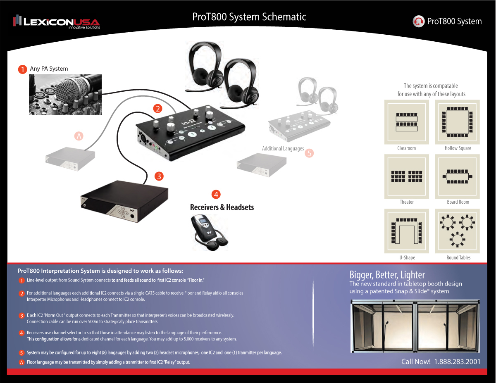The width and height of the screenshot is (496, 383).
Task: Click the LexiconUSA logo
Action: coord(57,21)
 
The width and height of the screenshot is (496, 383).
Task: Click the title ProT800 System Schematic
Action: coord(249,17)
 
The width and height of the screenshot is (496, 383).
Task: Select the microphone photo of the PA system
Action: coord(65,94)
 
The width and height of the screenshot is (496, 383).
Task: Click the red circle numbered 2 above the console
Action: coord(157,109)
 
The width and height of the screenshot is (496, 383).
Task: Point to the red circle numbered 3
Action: coord(159,176)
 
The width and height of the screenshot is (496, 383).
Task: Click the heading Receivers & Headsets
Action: coord(222,207)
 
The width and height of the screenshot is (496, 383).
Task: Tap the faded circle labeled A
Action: coord(79,135)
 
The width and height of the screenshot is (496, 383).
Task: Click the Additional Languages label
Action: coord(283,149)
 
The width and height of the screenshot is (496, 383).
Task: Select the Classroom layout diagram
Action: coord(407,122)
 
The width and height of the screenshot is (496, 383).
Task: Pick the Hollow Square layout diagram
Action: coord(458,122)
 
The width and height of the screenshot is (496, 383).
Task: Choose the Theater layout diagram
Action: coord(407,176)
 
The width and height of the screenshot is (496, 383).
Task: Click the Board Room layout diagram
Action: coord(458,176)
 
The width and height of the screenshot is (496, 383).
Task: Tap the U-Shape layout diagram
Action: coord(407,231)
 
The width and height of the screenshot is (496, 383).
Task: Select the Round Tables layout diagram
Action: coord(458,231)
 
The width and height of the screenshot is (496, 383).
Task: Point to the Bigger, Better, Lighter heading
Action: coord(387,275)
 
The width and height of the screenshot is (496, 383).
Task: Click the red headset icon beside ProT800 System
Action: coord(419,21)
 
